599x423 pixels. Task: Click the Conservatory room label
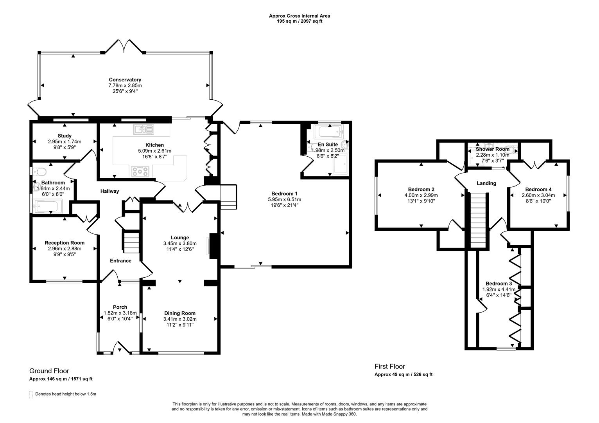[x=125, y=80]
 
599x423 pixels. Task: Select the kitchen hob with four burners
[x=140, y=170]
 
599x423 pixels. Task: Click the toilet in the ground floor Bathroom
[x=40, y=172]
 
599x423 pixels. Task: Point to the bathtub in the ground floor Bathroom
[x=48, y=206]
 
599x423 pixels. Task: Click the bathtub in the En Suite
[x=328, y=131]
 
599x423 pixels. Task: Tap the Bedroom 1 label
[x=285, y=193]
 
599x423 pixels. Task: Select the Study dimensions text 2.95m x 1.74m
[x=65, y=142]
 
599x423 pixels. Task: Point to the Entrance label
[x=120, y=261]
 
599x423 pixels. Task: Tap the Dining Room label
[x=179, y=313]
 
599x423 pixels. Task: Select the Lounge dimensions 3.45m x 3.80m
[x=179, y=243]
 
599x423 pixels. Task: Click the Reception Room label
[x=65, y=243]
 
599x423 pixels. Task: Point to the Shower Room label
[x=492, y=149]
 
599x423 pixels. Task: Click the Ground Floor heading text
[x=49, y=371]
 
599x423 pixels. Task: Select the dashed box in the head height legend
[x=31, y=394]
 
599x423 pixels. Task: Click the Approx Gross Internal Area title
[x=299, y=16]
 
